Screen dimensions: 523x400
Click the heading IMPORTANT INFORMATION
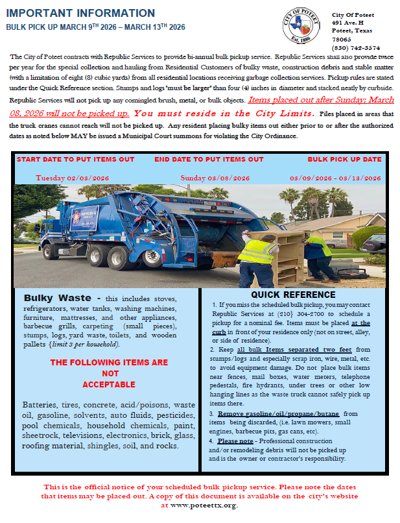80,13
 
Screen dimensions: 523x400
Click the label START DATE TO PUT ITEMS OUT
75,159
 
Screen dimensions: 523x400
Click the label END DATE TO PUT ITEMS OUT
209,159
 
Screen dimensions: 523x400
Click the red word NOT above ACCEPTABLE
110,373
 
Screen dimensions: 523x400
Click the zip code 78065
342,39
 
